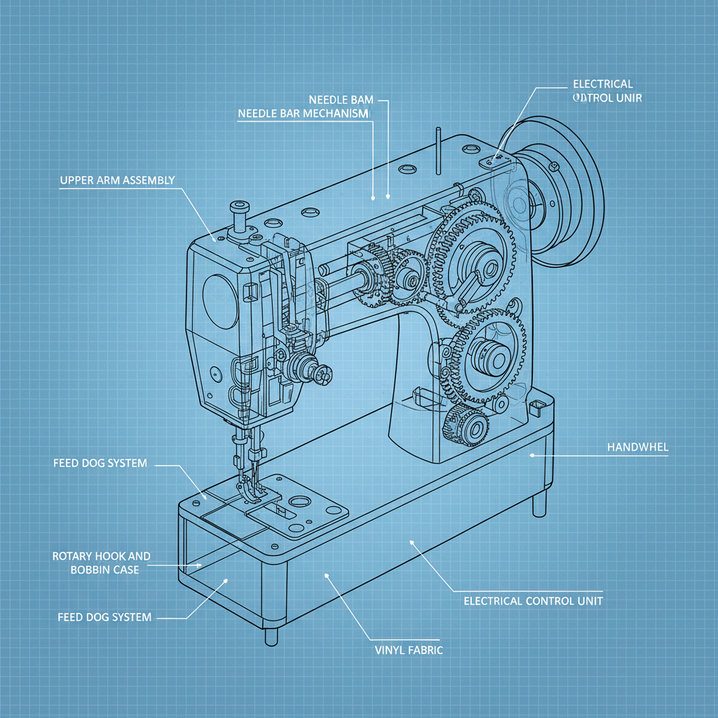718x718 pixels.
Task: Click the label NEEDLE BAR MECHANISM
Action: (x=303, y=114)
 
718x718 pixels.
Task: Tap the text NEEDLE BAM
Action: (x=341, y=100)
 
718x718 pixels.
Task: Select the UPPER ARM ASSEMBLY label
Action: (x=117, y=180)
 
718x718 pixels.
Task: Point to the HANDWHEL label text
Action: (x=637, y=447)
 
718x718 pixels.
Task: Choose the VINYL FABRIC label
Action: (x=409, y=650)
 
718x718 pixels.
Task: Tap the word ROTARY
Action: (x=73, y=556)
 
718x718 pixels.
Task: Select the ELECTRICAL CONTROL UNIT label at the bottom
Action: (x=533, y=601)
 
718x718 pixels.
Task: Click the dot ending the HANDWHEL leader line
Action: (x=532, y=455)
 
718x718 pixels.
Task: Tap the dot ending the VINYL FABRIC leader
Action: (x=327, y=576)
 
